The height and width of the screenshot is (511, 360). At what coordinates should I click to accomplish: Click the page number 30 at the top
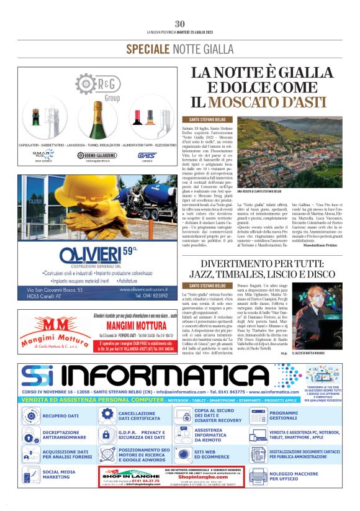(x=180, y=24)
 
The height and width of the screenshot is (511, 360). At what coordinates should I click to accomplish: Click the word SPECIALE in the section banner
(x=148, y=48)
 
